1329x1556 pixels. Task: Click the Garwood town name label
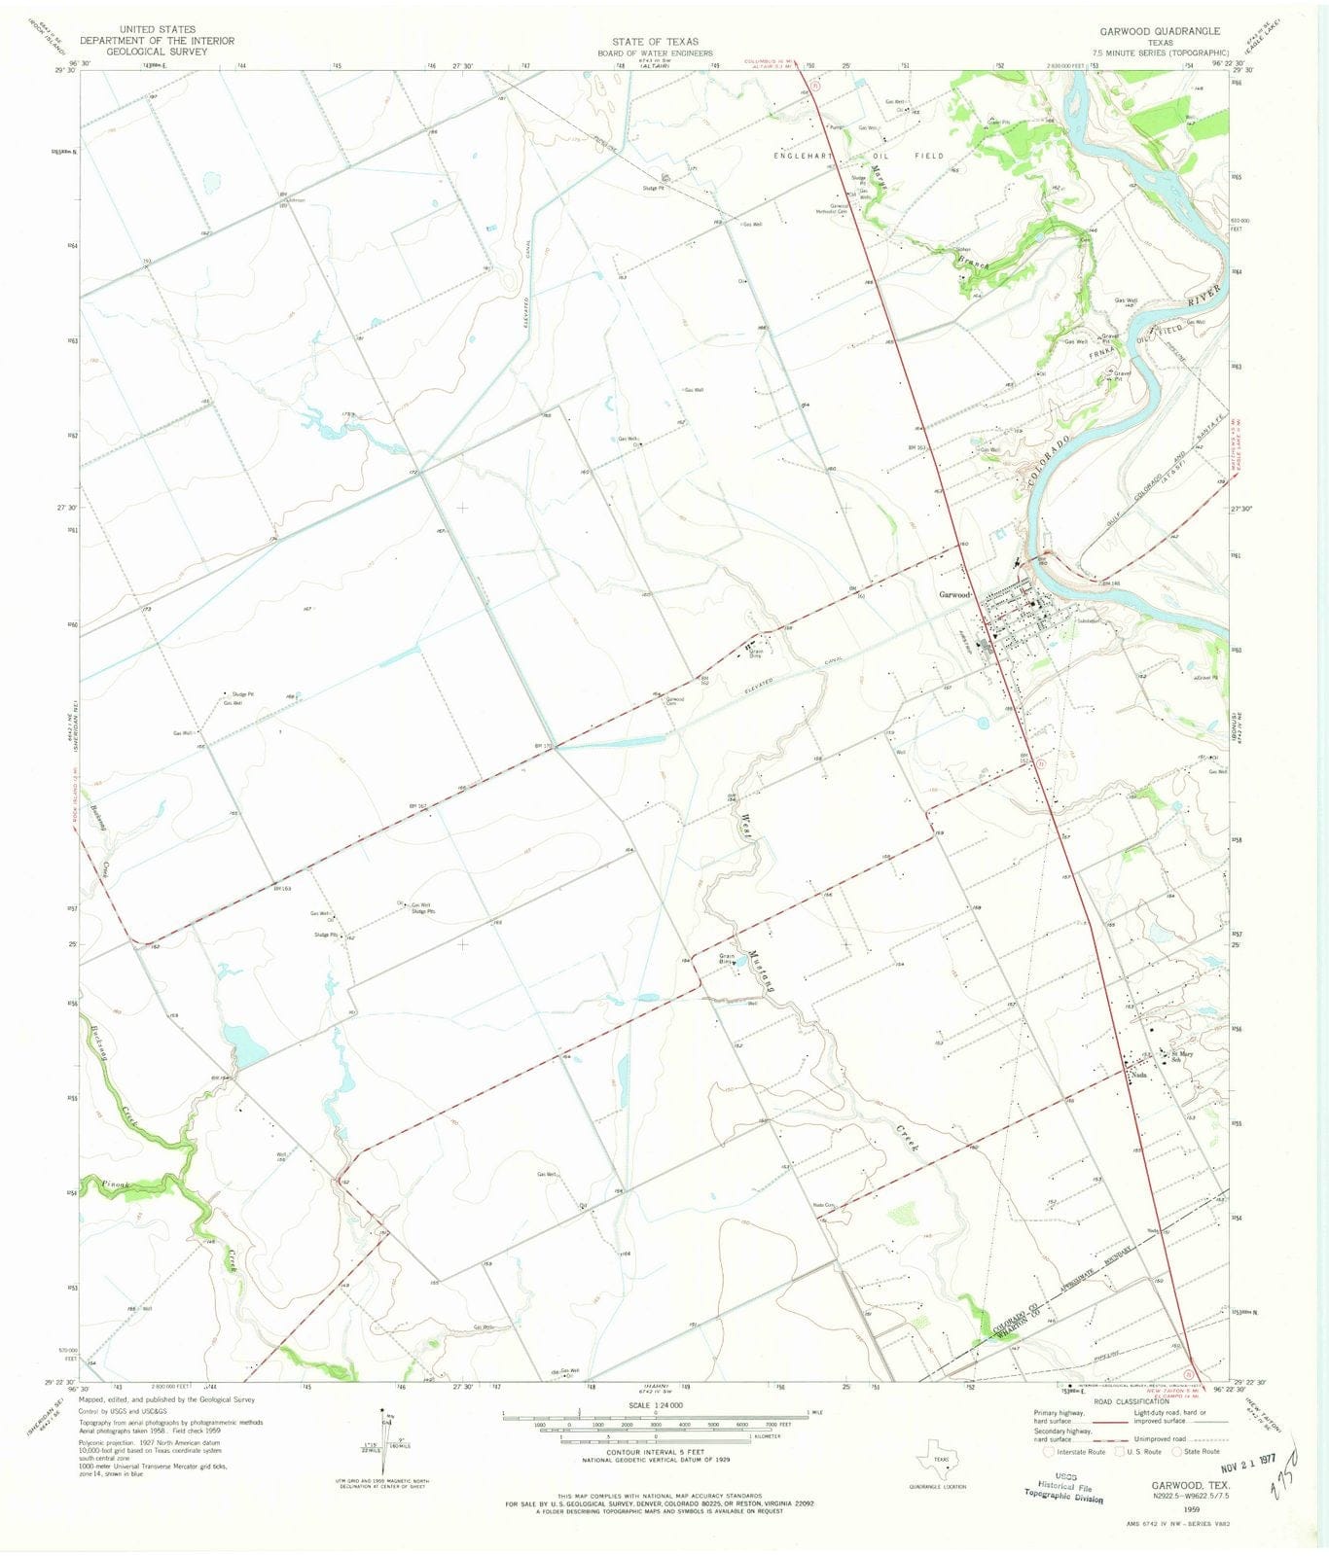954,594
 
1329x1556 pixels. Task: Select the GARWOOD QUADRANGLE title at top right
1160,31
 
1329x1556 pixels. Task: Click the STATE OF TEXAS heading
655,42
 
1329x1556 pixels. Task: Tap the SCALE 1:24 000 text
655,1405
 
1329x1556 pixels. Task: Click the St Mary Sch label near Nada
1181,1057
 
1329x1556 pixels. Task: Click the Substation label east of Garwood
1088,621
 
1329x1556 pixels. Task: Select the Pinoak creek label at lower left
123,1185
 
